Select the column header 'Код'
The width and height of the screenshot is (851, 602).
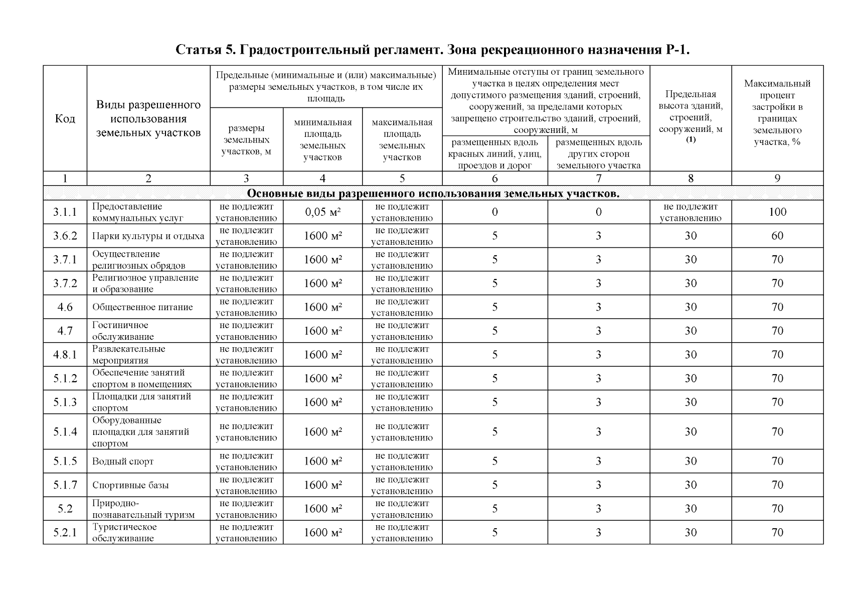click(x=65, y=119)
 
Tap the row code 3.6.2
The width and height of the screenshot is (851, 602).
click(x=65, y=236)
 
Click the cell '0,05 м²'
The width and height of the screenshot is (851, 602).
click(x=322, y=212)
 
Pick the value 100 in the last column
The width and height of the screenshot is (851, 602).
click(x=777, y=212)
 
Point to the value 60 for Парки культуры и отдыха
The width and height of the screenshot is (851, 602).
click(x=777, y=236)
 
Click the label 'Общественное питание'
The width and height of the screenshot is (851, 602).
click(x=142, y=307)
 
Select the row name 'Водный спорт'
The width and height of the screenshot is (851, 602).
click(x=123, y=462)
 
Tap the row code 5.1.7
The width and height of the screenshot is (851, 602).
click(x=65, y=485)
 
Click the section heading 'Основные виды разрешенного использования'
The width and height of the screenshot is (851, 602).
click(x=433, y=194)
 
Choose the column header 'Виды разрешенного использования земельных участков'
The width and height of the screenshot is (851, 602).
click(x=148, y=119)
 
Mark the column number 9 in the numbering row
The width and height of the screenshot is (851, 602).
click(x=777, y=179)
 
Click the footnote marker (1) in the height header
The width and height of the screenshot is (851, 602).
click(x=691, y=140)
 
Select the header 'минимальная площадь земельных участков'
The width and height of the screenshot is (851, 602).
click(x=322, y=139)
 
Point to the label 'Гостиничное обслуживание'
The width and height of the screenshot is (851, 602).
click(x=123, y=331)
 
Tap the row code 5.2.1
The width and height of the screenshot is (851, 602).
click(x=65, y=533)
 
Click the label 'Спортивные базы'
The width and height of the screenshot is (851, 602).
click(x=130, y=485)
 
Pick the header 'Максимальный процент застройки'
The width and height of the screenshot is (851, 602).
click(x=777, y=112)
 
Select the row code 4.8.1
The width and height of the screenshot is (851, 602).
click(x=65, y=355)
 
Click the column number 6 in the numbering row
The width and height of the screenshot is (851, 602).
click(x=494, y=179)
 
